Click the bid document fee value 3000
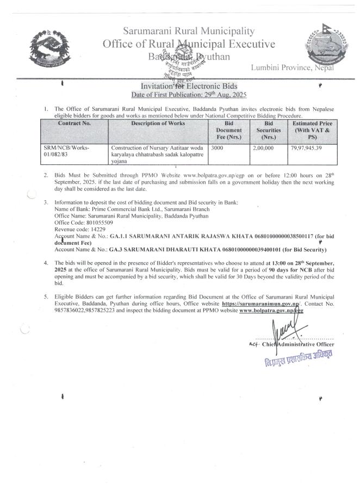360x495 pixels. coord(216,147)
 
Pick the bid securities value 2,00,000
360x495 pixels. coord(263,147)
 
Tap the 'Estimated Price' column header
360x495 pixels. coord(312,131)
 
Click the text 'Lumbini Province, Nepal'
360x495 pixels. coord(293,68)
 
